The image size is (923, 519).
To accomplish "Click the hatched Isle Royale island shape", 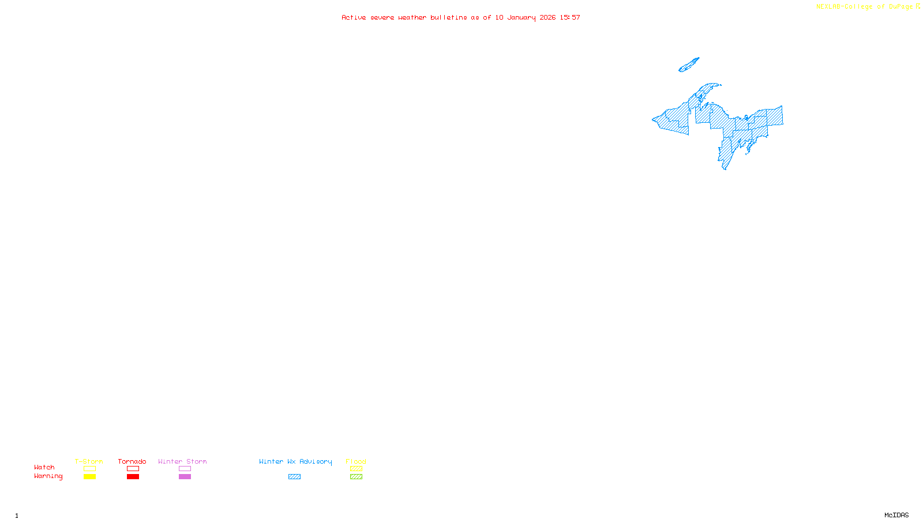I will tap(689, 65).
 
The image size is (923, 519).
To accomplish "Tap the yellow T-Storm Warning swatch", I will tap(89, 477).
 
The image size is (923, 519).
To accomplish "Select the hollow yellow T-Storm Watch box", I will tap(89, 469).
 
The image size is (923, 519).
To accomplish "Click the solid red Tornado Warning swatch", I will tap(133, 477).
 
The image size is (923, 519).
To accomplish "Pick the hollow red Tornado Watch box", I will tap(133, 469).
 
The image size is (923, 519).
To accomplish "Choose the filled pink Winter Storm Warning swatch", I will tap(185, 477).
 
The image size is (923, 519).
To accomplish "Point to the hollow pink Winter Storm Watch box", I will tap(185, 469).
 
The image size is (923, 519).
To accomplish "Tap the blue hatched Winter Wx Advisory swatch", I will tap(294, 477).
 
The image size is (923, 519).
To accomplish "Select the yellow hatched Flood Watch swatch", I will tap(356, 469).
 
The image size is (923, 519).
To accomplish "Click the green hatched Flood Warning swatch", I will tap(356, 477).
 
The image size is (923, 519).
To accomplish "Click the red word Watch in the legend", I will tap(44, 468).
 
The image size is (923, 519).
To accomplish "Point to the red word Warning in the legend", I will tap(48, 476).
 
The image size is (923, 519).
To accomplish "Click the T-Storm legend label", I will tap(89, 461).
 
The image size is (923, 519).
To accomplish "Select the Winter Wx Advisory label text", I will tap(295, 461).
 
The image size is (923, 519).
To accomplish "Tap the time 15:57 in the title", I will tap(570, 17).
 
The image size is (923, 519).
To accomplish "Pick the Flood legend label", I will tap(356, 461).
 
